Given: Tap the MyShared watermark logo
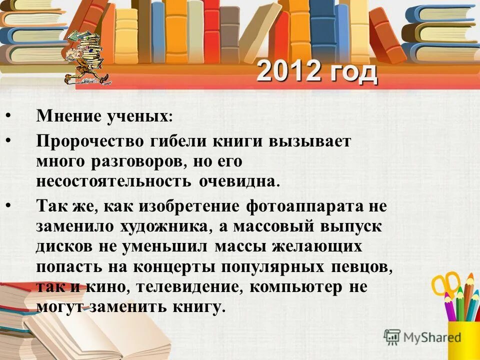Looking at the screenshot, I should click(422, 337).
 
